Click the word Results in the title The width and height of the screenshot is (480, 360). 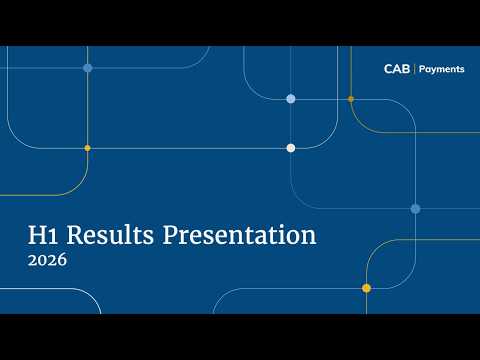(x=110, y=235)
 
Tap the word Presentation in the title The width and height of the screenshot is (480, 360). (x=239, y=235)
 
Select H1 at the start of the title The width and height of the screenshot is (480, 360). (x=43, y=235)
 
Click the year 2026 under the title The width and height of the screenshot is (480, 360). (x=47, y=260)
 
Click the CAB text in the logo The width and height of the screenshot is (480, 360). (x=397, y=69)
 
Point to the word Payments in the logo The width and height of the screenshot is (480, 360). (x=442, y=69)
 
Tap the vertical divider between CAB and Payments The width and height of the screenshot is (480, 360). (x=414, y=69)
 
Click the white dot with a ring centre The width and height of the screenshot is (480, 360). (x=291, y=148)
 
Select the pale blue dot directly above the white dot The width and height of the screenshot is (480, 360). (x=291, y=99)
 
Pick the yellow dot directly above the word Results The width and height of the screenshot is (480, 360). (x=87, y=148)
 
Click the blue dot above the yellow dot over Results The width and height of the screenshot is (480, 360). (x=88, y=68)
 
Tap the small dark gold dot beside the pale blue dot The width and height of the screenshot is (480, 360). (x=351, y=99)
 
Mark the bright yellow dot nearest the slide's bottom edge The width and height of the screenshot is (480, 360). (x=366, y=288)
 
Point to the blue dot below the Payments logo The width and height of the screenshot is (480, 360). (x=415, y=209)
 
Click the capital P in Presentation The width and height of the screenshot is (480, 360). (x=170, y=235)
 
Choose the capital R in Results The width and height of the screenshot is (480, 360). (x=75, y=235)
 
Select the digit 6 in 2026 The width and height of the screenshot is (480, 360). (x=61, y=260)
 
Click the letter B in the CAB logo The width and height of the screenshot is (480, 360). (x=406, y=69)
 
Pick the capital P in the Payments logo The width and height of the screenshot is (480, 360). (x=422, y=69)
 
